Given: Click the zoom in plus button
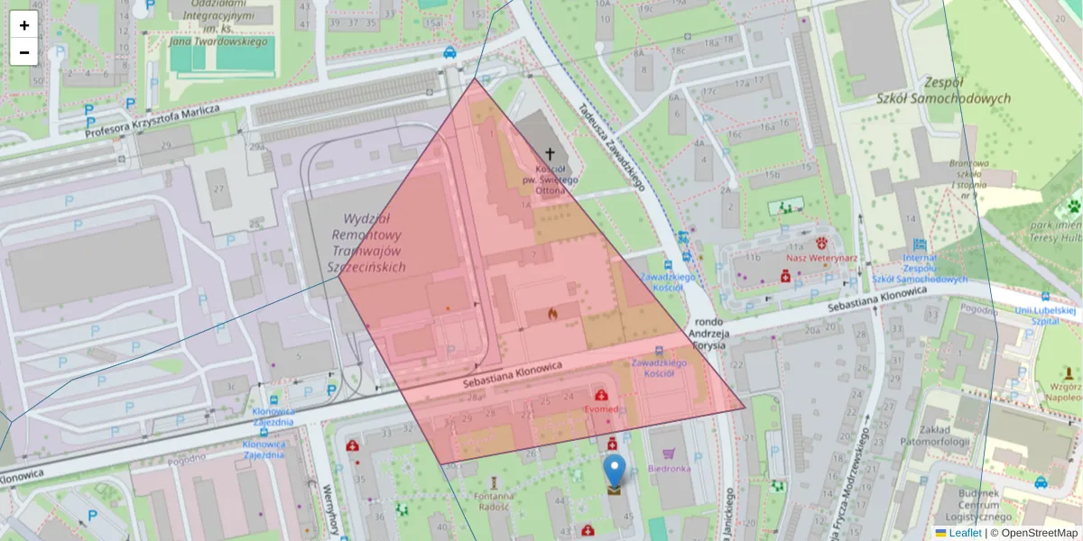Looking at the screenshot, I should click(x=24, y=25).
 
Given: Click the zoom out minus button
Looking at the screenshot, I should click(x=24, y=52).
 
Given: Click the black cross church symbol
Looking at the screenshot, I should click(x=550, y=155).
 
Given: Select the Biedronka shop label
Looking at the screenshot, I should click(x=669, y=469).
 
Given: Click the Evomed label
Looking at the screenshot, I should click(x=601, y=408).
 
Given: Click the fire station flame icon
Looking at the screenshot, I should click(x=552, y=313).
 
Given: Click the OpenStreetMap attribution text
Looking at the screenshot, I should click(x=1039, y=533).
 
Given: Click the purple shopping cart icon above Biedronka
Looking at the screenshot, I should click(x=668, y=454).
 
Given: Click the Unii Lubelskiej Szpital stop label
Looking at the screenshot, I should click(x=1046, y=315).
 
